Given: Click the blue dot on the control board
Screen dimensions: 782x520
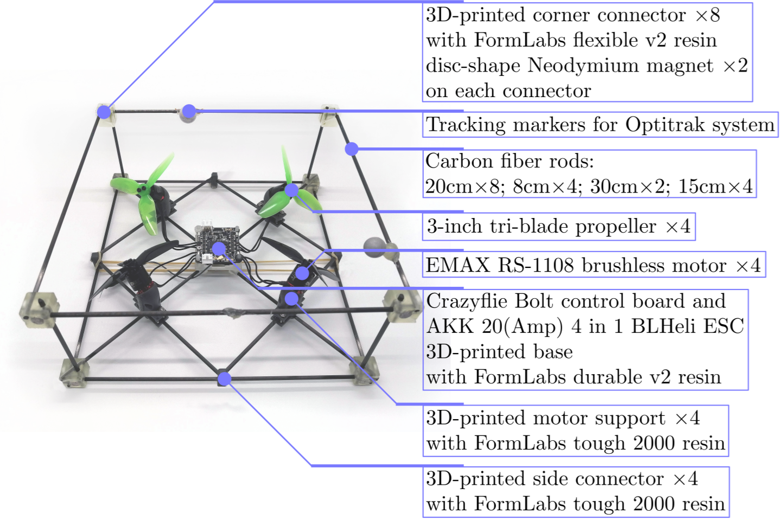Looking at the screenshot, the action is coord(219,249).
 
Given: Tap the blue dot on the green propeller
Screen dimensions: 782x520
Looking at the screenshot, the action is coord(292,190).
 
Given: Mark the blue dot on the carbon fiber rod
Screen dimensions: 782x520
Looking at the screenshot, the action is coord(352,148).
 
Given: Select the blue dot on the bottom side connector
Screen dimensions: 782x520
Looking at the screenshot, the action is coord(224,378).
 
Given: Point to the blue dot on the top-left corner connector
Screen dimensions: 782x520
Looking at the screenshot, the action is coord(104,112).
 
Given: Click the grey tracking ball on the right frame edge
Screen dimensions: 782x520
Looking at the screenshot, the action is coord(374,246).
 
